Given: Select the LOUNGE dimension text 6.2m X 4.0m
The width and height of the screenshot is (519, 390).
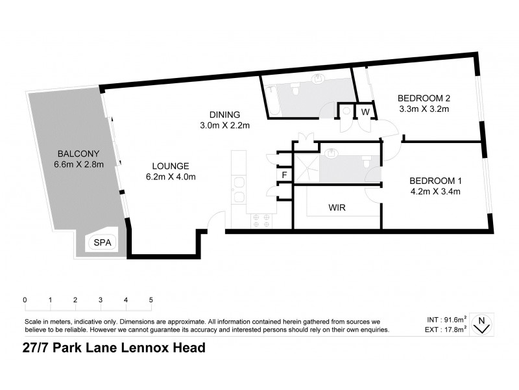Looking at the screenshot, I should (170, 176).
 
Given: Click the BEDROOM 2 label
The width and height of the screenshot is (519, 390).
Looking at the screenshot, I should (424, 97).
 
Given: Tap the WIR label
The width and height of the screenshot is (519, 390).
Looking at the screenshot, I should (337, 209).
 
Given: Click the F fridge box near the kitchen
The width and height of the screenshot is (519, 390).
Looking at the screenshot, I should (284, 175).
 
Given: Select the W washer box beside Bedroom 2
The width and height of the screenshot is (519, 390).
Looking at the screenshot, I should (365, 112).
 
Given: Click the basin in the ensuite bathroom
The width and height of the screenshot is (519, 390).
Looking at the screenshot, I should (333, 154).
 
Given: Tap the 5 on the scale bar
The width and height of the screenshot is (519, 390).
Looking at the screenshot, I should (151, 300).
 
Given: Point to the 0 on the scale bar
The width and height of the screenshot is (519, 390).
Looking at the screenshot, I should (25, 300).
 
